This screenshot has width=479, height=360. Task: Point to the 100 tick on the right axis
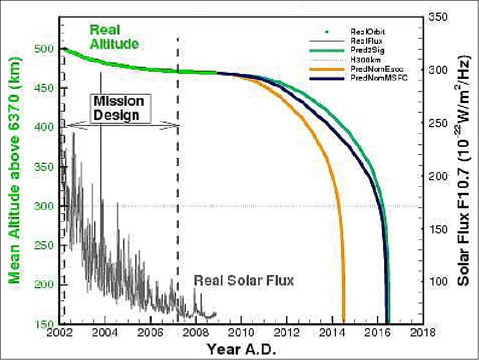[438, 281]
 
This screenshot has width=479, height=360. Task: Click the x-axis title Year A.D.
[241, 348]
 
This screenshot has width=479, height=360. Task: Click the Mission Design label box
[118, 108]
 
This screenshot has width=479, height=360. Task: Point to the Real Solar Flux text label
[244, 281]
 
